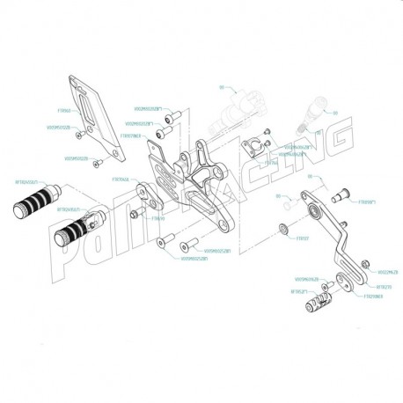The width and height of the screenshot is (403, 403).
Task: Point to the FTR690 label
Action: tap(158, 218)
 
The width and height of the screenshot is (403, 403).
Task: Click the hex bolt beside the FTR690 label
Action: tap(136, 214)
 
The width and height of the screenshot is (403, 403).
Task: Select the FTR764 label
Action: tap(271, 162)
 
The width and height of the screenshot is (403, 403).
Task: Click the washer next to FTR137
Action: tap(282, 231)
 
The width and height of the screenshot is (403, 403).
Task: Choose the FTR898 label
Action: tap(342, 201)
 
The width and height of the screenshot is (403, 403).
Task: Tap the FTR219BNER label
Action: tap(372, 297)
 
